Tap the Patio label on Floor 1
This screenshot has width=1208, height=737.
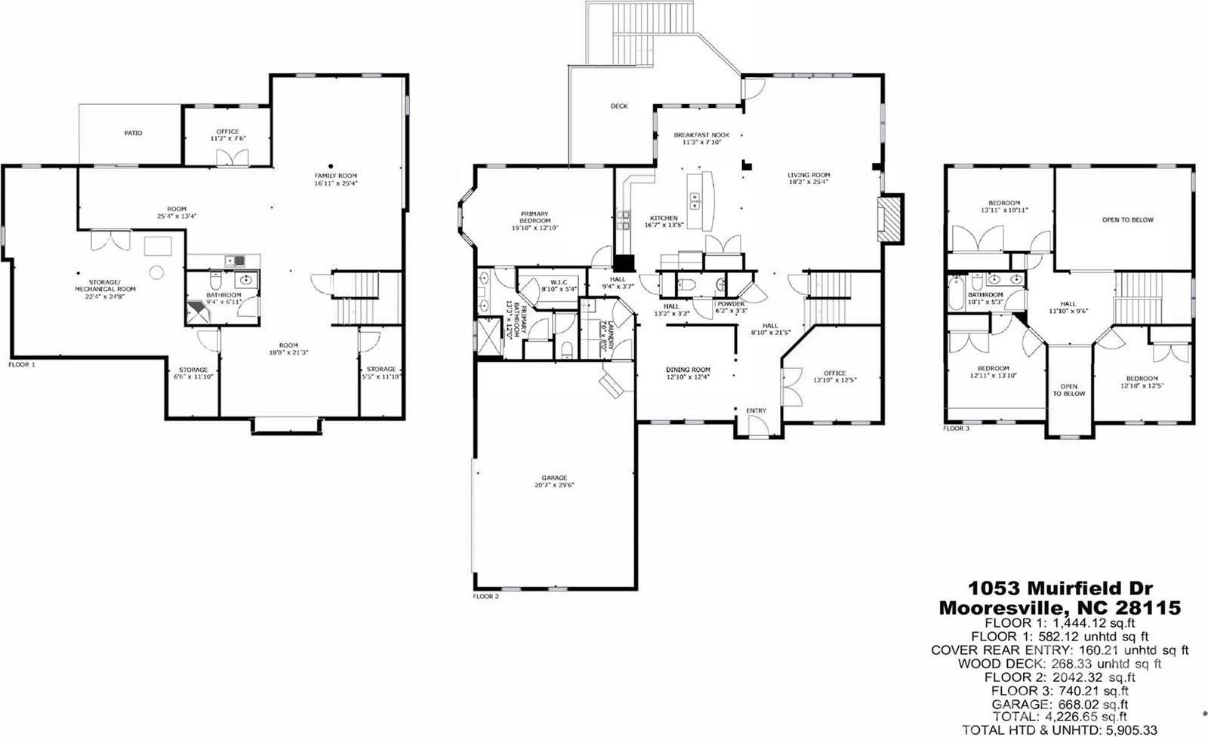133,133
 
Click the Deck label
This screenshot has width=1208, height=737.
618,106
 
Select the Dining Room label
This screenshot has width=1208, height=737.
688,370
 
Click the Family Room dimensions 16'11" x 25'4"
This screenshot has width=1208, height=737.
336,183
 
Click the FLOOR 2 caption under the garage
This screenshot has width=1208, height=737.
485,596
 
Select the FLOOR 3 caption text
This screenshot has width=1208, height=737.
956,428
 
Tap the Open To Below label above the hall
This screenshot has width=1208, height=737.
1127,220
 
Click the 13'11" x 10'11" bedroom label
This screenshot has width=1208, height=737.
1004,210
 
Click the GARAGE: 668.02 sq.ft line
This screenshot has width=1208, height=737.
1060,704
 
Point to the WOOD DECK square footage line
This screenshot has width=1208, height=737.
1060,664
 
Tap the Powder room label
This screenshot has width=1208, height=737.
730,304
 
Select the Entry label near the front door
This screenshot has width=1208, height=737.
756,410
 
